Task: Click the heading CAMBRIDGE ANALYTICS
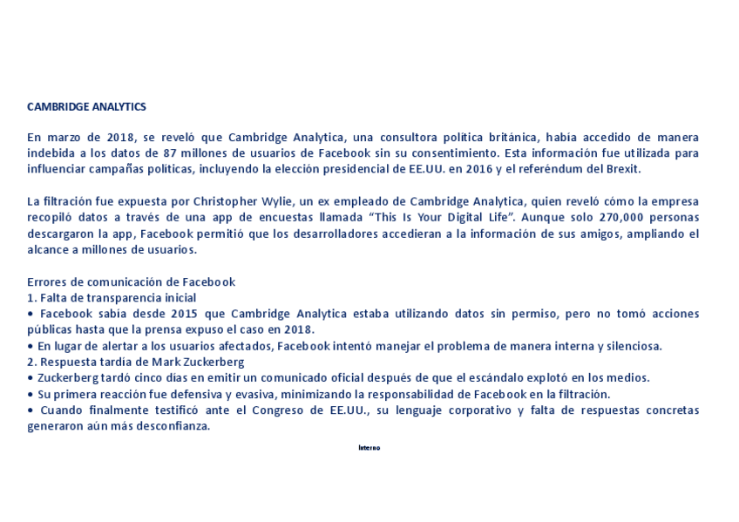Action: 86,106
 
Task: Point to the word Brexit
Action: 622,169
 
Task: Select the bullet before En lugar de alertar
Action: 31,346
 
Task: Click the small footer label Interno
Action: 369,448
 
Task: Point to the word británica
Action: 523,138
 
